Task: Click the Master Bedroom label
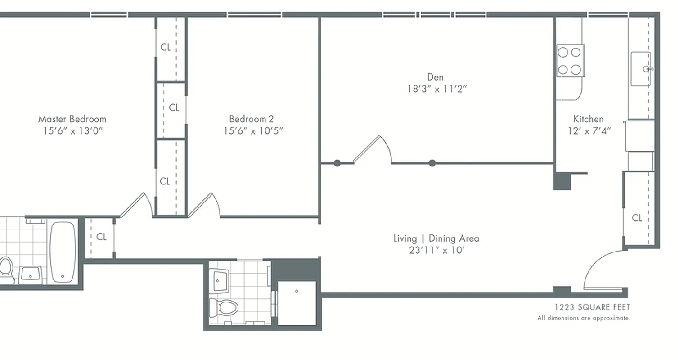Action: pyautogui.click(x=72, y=119)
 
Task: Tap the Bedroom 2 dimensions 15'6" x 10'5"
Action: pyautogui.click(x=253, y=131)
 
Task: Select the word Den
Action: pyautogui.click(x=435, y=77)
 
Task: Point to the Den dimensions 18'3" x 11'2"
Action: pyautogui.click(x=437, y=89)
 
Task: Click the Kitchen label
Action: pyautogui.click(x=588, y=119)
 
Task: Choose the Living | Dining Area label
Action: pyautogui.click(x=436, y=238)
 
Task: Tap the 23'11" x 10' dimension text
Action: pyautogui.click(x=436, y=250)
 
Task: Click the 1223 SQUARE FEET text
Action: pyautogui.click(x=592, y=307)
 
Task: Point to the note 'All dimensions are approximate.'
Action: pyautogui.click(x=584, y=318)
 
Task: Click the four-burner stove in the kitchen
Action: pyautogui.click(x=570, y=61)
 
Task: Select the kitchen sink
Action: pyautogui.click(x=641, y=69)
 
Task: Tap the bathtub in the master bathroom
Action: pyautogui.click(x=62, y=252)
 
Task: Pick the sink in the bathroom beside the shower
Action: pyautogui.click(x=220, y=280)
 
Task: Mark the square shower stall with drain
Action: pyautogui.click(x=297, y=302)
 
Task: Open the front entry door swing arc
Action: pyautogui.click(x=603, y=270)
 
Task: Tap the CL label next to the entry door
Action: pyautogui.click(x=637, y=218)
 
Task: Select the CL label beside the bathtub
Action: pyautogui.click(x=101, y=237)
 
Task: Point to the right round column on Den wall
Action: pyautogui.click(x=432, y=163)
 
